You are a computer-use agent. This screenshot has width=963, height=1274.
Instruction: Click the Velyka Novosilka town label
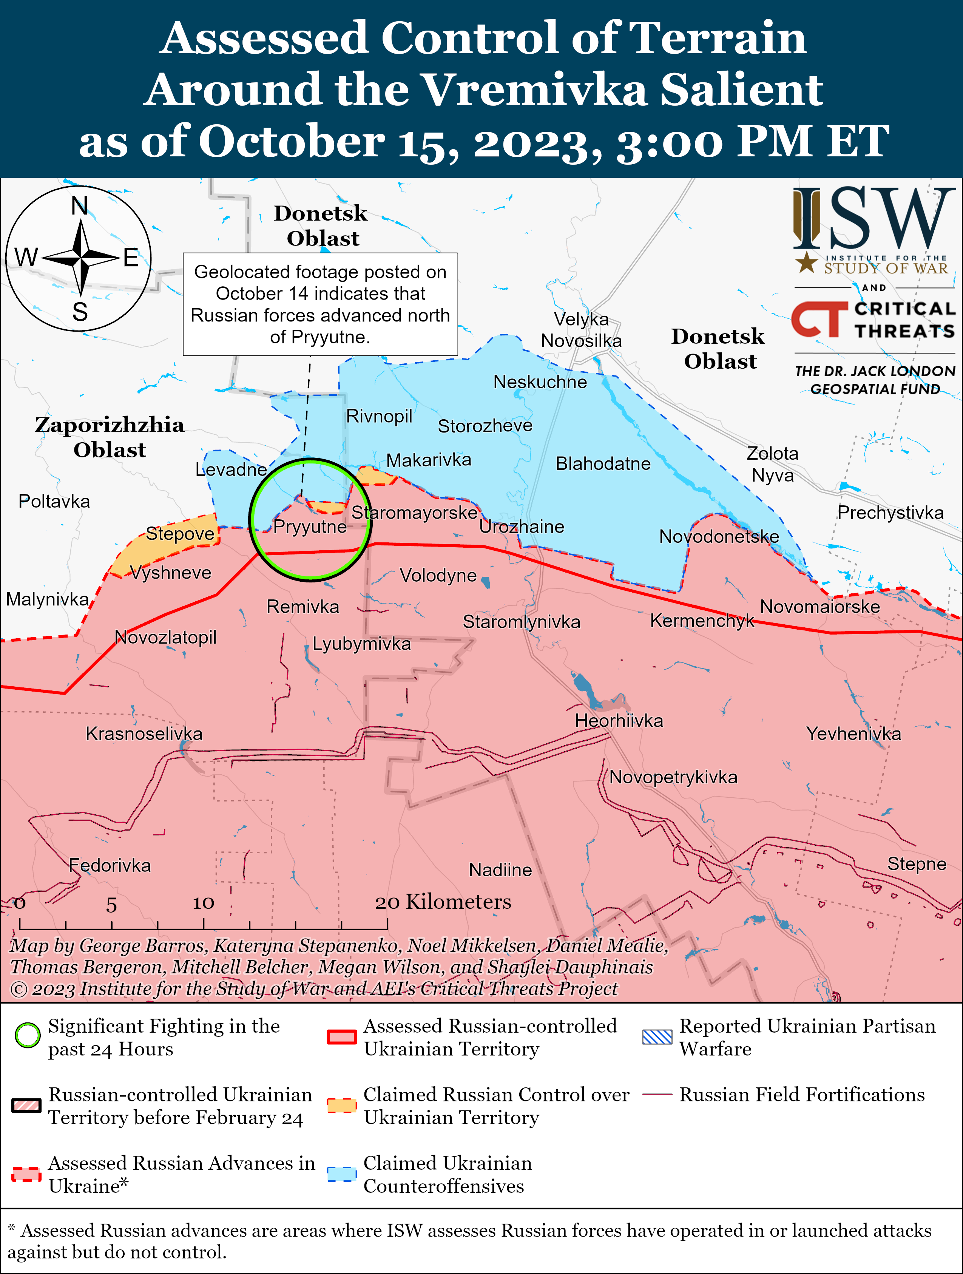click(581, 330)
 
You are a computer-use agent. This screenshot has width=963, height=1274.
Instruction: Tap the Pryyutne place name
click(310, 527)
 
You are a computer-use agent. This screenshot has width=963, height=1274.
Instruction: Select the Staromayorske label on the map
click(415, 512)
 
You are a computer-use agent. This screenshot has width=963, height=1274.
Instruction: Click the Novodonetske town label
click(719, 536)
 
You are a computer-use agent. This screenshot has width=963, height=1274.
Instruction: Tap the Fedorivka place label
click(110, 865)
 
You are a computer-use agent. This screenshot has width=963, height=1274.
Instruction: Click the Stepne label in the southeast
click(916, 863)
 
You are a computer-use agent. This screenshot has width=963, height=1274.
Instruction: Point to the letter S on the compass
click(80, 312)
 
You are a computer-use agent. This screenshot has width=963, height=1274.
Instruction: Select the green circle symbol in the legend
click(27, 1036)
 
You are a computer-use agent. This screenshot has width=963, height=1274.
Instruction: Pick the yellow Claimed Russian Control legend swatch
click(341, 1105)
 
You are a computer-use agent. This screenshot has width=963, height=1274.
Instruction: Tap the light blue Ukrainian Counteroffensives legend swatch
click(341, 1174)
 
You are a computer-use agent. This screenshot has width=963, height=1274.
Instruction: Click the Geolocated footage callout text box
click(320, 304)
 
